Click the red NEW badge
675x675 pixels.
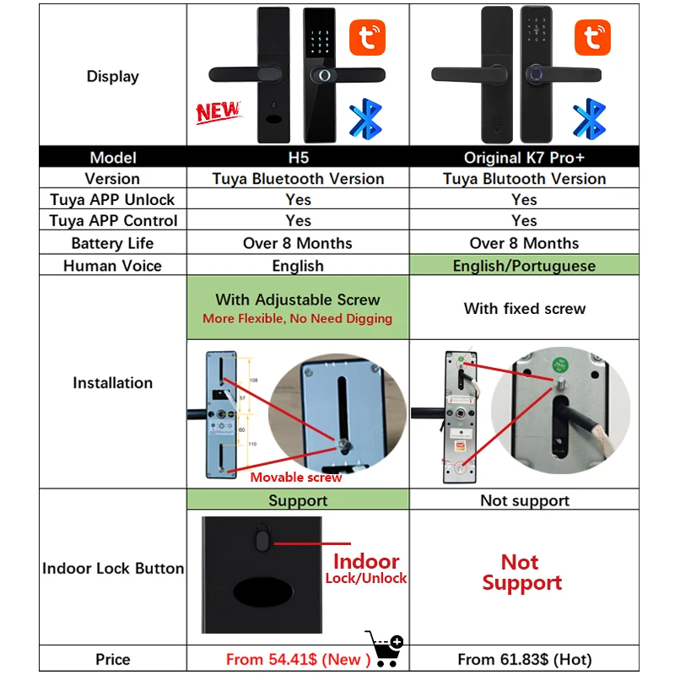click(218, 111)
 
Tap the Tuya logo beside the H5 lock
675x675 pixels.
click(367, 38)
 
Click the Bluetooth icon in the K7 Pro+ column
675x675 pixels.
click(589, 119)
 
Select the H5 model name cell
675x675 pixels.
click(298, 158)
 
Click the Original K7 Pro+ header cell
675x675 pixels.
click(524, 158)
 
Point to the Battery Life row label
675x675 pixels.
click(112, 243)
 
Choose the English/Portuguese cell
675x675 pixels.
click(524, 266)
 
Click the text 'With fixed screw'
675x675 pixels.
click(524, 308)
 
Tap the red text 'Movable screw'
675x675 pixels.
click(296, 478)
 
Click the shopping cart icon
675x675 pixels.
click(384, 648)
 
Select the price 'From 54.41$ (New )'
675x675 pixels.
click(298, 659)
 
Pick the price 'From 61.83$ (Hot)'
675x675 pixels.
click(524, 659)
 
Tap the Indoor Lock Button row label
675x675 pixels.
click(112, 568)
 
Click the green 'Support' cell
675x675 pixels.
click(298, 500)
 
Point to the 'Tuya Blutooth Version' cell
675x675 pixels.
click(524, 179)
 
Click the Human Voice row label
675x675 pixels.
click(112, 266)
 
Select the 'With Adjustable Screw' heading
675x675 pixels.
click(298, 300)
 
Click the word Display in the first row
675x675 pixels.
click(112, 76)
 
